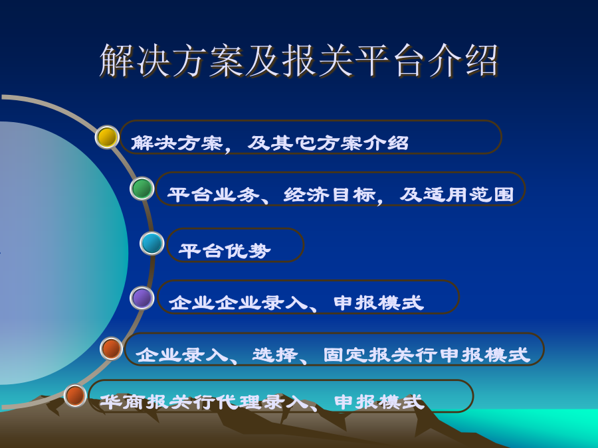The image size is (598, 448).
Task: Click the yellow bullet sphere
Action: (107, 137)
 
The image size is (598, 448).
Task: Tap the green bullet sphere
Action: (142, 188)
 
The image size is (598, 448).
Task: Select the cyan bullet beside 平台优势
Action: (151, 243)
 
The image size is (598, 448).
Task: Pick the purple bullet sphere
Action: (142, 298)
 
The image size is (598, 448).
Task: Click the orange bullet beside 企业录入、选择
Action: (111, 348)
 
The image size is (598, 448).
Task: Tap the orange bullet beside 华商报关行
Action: (75, 396)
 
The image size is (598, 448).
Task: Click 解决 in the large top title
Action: (135, 61)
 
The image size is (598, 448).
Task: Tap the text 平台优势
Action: (225, 251)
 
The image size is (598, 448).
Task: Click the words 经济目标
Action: (330, 194)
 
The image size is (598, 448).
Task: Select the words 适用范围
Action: (468, 194)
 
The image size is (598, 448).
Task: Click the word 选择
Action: (275, 355)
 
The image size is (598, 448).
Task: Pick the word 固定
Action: (346, 355)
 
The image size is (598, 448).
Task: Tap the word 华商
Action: (122, 402)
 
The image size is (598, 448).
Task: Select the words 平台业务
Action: (213, 194)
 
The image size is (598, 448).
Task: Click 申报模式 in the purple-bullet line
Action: (379, 303)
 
